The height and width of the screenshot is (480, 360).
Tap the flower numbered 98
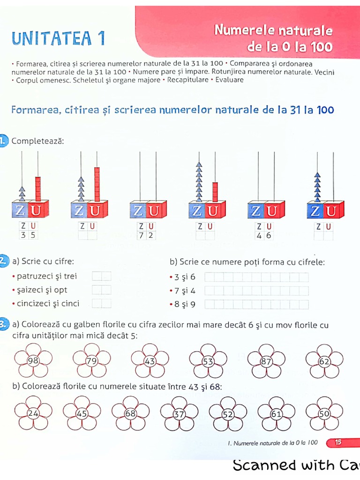pos(33,360)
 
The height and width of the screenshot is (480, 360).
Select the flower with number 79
pos(92,360)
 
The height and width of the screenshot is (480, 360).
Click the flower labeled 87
pos(266,361)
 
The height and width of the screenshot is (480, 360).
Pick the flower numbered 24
pos(33,413)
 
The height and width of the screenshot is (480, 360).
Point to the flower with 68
pos(130,413)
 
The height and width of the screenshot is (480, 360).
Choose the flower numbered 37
pos(179,414)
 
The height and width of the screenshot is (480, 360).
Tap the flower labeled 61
pos(276,414)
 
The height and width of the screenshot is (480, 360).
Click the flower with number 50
pos(324,413)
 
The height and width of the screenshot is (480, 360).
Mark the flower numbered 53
pos(208,361)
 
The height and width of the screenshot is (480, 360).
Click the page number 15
pos(338,442)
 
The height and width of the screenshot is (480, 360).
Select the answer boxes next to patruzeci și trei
pos(102,277)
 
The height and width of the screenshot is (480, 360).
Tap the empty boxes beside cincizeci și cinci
pos(102,303)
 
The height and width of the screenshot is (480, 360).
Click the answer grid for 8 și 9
pos(257,305)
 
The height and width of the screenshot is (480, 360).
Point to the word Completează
pos(37,141)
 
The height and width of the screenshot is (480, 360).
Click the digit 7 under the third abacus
pos(140,235)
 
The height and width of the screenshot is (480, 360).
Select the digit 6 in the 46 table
pos(269,235)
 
